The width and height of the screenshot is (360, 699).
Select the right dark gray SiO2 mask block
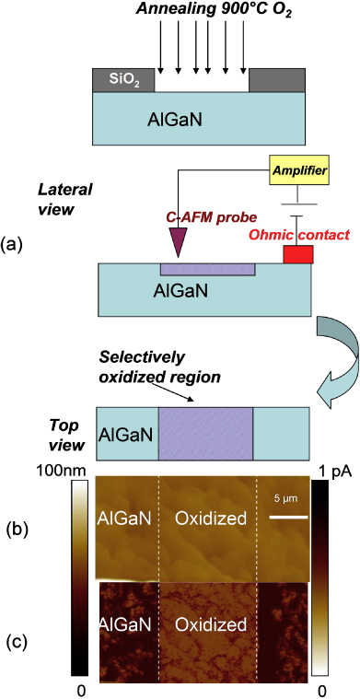coord(276,80)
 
